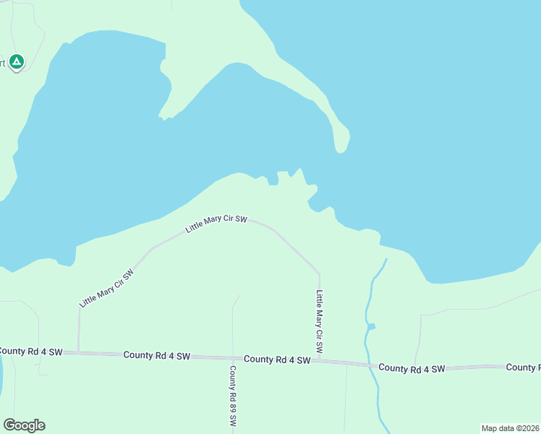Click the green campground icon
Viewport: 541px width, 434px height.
17,62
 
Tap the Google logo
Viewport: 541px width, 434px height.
24,425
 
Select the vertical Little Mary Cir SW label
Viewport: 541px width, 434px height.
319,322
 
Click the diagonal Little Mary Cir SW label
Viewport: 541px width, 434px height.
107,288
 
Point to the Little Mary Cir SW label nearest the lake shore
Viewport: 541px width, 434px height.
216,223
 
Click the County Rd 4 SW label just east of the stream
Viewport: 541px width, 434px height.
412,368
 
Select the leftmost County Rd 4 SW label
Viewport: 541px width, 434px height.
30,352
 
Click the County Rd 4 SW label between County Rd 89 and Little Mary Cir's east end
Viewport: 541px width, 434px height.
277,359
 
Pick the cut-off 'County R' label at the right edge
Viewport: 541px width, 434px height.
523,367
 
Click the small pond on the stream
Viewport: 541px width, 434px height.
371,327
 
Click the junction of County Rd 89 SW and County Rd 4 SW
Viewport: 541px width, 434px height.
233,357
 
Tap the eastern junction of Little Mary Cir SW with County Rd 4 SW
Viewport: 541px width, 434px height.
320,360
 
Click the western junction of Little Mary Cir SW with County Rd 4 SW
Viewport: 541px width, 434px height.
78,352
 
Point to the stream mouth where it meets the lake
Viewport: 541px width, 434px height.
386,259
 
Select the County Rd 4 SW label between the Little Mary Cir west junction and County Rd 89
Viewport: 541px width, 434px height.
156,355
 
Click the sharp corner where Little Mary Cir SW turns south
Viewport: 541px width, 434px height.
319,273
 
